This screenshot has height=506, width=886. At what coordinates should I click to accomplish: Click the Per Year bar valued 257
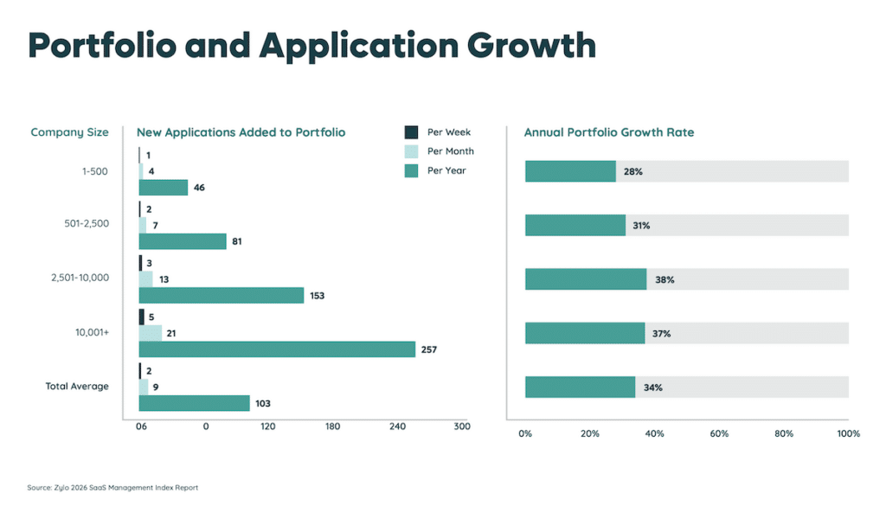pos(277,349)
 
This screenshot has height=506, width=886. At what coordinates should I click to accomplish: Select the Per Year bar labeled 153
pos(221,296)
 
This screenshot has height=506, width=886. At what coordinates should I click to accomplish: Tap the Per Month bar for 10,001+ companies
pos(151,333)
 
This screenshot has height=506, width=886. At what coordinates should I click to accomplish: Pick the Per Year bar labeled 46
pos(164,188)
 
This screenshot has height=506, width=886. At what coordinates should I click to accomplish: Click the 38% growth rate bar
pos(586,279)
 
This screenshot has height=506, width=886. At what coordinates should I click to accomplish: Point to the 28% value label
pos(632,172)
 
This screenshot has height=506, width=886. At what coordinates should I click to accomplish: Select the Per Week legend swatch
pos(412,132)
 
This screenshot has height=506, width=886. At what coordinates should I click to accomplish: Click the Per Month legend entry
pos(450,151)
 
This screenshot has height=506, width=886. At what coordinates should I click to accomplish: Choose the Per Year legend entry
pos(446,170)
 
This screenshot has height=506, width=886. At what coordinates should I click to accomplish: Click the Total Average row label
pos(77,386)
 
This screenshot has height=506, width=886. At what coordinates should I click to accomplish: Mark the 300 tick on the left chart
pos(462,426)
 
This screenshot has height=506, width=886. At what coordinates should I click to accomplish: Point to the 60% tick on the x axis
pos(719,433)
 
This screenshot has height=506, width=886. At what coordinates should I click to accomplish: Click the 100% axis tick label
pos(848,433)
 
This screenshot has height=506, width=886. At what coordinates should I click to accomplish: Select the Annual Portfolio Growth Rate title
pos(609,132)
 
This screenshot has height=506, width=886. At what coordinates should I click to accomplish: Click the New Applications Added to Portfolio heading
pos(241,132)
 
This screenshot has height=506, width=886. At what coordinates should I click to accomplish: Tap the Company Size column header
pos(69,132)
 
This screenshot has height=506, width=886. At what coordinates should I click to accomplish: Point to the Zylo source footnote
pos(112,488)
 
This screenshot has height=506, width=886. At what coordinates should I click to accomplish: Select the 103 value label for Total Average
pos(263,404)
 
